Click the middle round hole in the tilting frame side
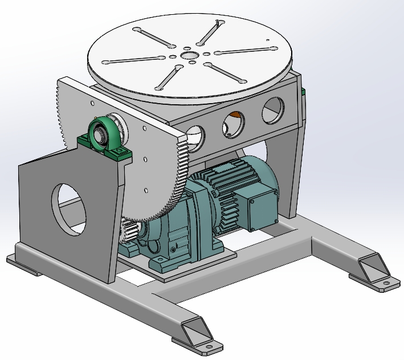coord(232,124)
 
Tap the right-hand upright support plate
coord(288,171)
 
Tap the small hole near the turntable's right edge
coord(268,39)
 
